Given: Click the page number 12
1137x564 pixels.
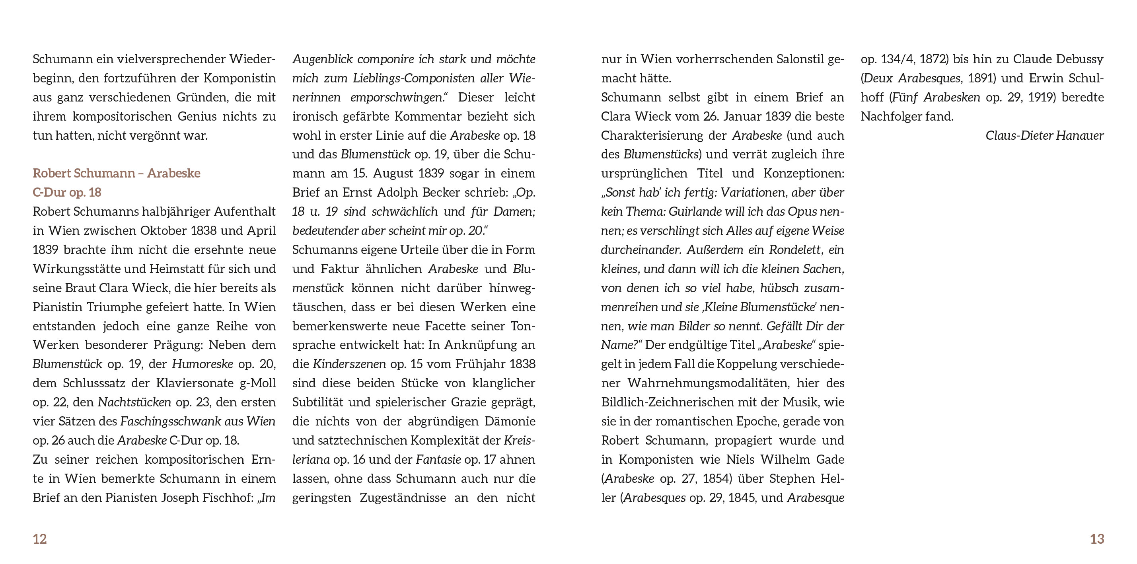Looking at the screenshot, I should click(40, 539).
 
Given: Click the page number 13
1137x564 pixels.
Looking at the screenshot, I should click(1097, 539).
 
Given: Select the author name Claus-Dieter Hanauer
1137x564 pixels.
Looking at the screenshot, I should click(1044, 136).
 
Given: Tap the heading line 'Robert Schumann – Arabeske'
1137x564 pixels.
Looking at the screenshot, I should click(117, 173).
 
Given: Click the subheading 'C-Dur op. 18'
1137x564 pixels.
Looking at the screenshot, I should click(67, 193).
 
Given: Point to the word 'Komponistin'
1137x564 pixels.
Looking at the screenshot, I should click(239, 78).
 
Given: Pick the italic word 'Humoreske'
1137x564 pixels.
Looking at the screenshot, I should click(202, 364).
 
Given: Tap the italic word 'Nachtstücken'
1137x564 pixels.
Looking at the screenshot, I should click(134, 402).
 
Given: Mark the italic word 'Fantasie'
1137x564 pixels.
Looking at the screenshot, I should click(438, 459).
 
